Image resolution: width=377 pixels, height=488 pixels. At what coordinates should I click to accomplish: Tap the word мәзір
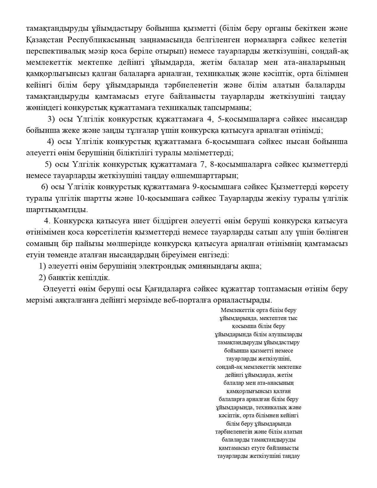click(98, 51)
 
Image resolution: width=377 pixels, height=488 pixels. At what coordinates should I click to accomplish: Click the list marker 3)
click(51, 119)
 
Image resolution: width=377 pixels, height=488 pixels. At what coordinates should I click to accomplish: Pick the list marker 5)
click(48, 164)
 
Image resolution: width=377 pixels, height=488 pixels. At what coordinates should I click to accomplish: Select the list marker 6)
click(45, 187)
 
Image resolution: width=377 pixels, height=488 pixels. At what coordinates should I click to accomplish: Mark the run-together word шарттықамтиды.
click(57, 210)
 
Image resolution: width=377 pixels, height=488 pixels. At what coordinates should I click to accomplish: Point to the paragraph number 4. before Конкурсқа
click(48, 221)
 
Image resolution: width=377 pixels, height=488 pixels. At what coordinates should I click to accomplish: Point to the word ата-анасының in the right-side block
click(275, 383)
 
